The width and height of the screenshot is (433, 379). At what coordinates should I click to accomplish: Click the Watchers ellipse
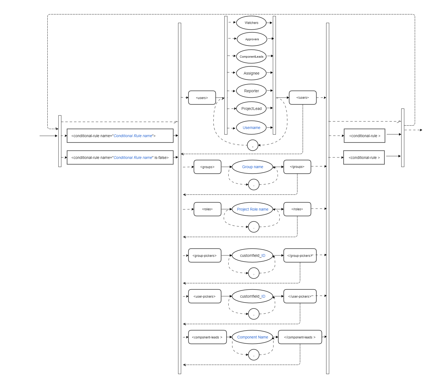coord(251,23)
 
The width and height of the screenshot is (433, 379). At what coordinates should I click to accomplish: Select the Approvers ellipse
coord(252,39)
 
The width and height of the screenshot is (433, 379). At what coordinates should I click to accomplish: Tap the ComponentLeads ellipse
coord(251,57)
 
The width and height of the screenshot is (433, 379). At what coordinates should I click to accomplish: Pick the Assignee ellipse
coord(251,73)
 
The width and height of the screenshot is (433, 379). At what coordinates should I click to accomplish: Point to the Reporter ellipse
coord(251,91)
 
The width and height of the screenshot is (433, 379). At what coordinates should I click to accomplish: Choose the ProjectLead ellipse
coord(251,109)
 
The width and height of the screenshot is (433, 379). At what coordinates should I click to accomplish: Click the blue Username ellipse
coord(251,128)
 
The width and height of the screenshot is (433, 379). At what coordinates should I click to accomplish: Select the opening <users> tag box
coord(202,98)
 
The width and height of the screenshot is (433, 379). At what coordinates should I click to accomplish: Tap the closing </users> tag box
coord(303,98)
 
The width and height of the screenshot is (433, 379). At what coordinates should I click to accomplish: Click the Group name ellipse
coord(252,167)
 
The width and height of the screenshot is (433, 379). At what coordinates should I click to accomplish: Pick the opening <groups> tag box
coord(207,167)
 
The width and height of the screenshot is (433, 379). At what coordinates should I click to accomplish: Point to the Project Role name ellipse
coord(252,209)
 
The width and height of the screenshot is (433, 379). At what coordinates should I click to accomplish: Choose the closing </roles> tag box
coord(297,209)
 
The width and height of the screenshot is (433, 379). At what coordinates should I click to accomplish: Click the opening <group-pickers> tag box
coord(205,255)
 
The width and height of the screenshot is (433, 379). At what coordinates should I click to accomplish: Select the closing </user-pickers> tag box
coord(300,296)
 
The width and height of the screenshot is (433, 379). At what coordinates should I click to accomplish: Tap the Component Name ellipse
coord(252,337)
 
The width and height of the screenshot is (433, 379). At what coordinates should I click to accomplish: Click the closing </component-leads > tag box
coord(300,337)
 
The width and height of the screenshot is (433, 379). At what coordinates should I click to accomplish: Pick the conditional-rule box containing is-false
coord(120,158)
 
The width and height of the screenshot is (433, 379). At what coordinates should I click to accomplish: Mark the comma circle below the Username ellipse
coord(253,145)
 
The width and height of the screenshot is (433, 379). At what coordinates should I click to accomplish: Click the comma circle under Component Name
coord(254,355)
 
